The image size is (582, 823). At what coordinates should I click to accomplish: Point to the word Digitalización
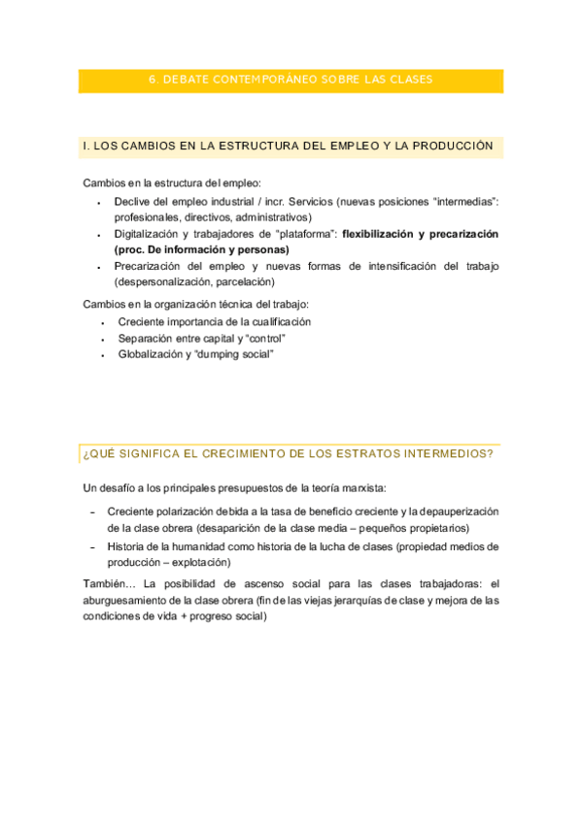(153, 234)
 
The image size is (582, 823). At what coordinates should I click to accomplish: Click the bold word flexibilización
(386, 234)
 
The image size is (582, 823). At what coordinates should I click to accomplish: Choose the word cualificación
(276, 321)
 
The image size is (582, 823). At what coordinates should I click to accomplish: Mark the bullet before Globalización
(103, 355)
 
